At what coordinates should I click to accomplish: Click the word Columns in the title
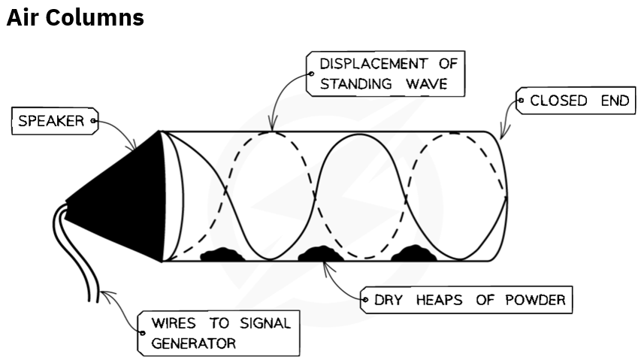(95, 18)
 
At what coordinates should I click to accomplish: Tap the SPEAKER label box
(55, 121)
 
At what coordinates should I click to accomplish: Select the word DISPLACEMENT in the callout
(373, 64)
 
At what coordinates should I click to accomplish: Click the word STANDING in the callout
(355, 83)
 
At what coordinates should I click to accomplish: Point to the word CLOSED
(558, 101)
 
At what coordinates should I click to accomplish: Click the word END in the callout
(615, 101)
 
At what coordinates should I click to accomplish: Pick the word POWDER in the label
(535, 300)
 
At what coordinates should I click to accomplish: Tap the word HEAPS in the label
(439, 300)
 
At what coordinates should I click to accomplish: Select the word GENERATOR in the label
(193, 343)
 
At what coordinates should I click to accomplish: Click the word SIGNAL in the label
(265, 323)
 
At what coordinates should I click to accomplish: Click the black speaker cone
(118, 196)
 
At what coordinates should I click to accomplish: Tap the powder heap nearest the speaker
(222, 254)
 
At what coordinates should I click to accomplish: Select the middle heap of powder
(321, 253)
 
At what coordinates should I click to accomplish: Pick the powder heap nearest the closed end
(413, 253)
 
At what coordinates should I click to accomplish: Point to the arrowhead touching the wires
(107, 295)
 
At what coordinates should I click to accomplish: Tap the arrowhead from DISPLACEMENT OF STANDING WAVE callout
(273, 123)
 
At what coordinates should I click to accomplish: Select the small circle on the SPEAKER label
(93, 121)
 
